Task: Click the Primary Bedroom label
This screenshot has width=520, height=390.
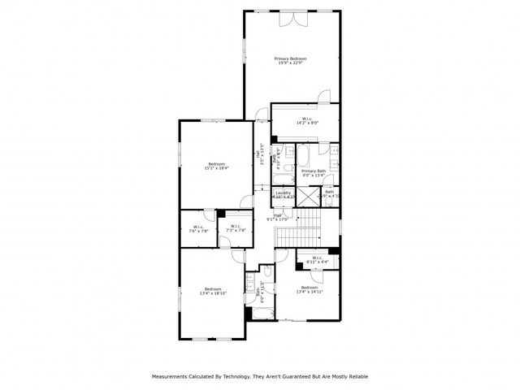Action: (290, 61)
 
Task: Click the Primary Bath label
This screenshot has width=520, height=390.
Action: (313, 173)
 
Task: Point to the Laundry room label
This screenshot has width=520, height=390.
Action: (283, 194)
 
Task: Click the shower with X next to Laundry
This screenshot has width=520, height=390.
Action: (307, 195)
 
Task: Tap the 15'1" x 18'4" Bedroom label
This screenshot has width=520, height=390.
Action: (216, 166)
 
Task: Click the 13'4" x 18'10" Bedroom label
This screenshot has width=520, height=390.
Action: (213, 291)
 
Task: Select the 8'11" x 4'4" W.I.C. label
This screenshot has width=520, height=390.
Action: (317, 260)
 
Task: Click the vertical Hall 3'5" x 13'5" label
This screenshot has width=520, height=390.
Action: (259, 154)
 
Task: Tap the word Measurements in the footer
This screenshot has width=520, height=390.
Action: (170, 376)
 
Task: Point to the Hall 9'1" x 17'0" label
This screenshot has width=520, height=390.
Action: (278, 217)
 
